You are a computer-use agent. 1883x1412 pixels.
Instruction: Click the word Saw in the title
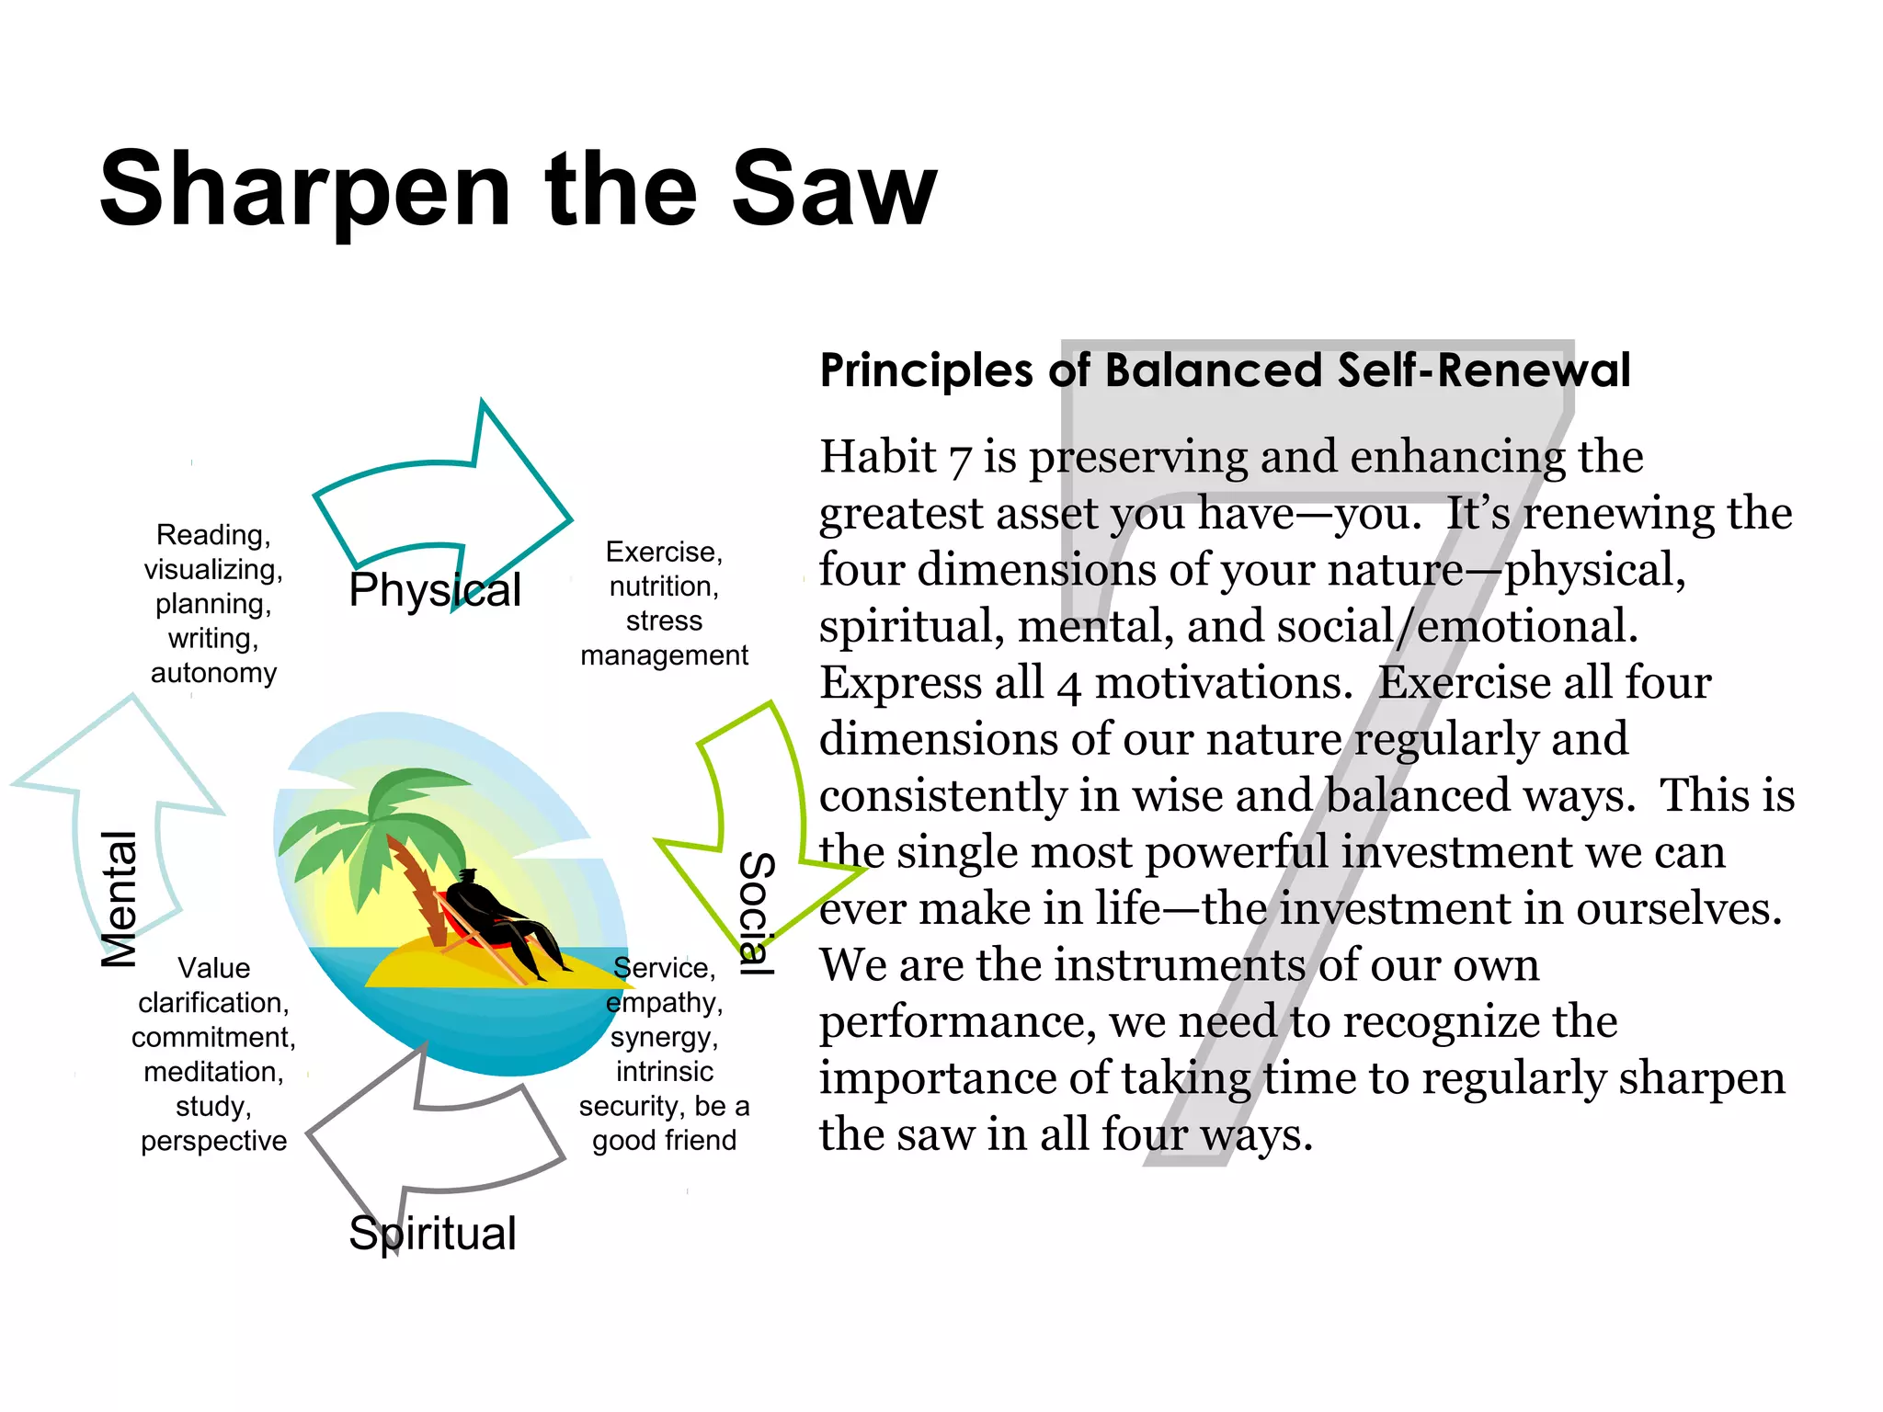click(833, 190)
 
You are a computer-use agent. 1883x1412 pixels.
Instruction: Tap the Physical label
click(434, 590)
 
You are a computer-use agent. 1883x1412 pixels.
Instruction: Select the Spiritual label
click(432, 1234)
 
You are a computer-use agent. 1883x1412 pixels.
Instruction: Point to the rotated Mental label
click(119, 898)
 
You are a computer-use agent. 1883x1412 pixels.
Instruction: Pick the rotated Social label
click(757, 913)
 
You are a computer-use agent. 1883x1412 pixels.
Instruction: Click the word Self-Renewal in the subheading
click(1484, 370)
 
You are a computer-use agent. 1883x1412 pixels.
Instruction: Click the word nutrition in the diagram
click(664, 586)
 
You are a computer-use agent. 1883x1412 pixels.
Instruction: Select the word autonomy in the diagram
click(213, 673)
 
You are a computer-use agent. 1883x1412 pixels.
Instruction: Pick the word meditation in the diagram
click(213, 1072)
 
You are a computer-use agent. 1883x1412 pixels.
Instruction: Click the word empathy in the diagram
click(664, 1003)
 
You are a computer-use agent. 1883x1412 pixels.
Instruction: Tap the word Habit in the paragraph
click(877, 457)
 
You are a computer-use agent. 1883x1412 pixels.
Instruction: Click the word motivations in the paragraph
click(1224, 683)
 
